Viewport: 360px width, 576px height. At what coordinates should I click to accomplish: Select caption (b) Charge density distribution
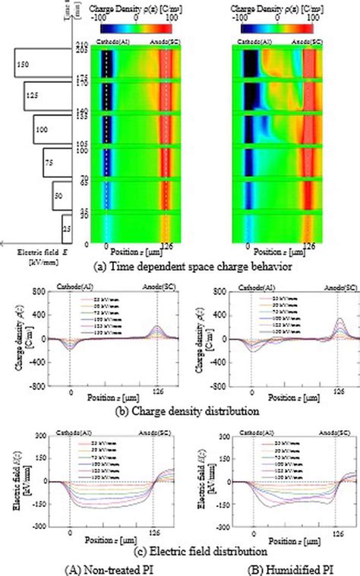(x=181, y=411)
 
